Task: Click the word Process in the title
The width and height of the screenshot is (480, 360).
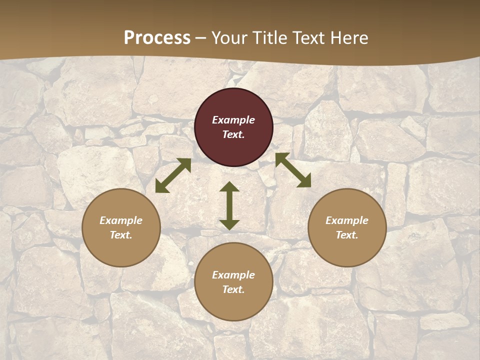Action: (x=157, y=38)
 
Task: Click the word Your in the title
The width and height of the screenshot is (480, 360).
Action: (x=229, y=38)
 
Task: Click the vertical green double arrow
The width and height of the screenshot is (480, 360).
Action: (x=229, y=205)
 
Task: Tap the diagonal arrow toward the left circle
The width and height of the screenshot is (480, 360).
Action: (x=173, y=175)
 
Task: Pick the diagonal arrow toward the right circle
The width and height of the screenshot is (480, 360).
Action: (x=293, y=170)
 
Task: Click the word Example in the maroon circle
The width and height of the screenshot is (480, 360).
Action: (x=233, y=120)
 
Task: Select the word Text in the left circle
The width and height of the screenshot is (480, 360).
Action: (x=121, y=235)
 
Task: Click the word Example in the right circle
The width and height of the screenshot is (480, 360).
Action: (x=347, y=220)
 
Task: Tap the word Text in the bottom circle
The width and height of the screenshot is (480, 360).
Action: (x=233, y=289)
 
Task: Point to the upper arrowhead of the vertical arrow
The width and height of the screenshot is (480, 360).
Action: (x=229, y=187)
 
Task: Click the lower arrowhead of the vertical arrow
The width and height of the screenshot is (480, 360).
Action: (x=229, y=224)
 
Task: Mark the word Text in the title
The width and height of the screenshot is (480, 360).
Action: (x=310, y=38)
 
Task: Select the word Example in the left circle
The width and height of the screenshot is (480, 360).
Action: (x=121, y=220)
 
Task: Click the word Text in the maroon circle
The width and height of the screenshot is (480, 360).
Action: (x=233, y=134)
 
